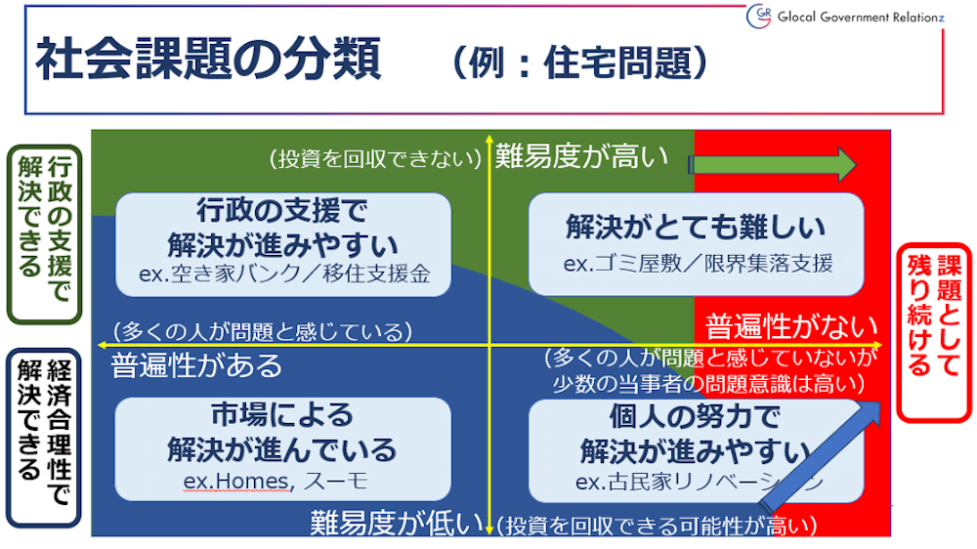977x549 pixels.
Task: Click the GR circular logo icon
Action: pos(759,16)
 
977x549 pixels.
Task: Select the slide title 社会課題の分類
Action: pos(209,62)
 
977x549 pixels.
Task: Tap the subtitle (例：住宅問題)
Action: pos(579,63)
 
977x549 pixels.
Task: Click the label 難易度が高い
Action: pos(581,156)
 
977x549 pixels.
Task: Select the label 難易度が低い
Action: pos(397,524)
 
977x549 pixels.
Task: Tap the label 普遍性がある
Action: pos(196,365)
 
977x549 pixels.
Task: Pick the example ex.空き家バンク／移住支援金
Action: pos(284,273)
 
